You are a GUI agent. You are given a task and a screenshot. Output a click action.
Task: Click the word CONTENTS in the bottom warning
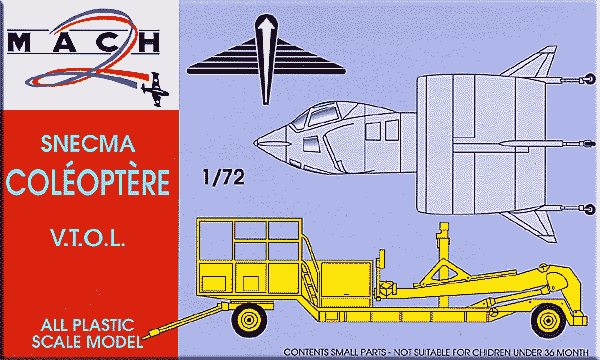[x=309, y=353]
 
